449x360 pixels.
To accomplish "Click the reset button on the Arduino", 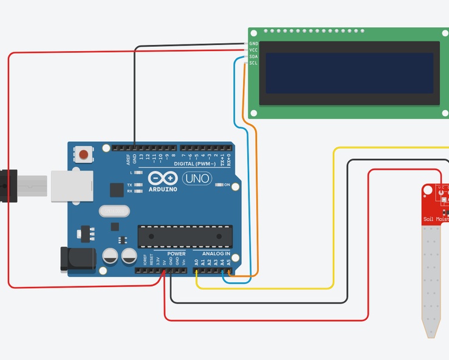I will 83,154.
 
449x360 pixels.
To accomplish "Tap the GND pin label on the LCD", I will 253,44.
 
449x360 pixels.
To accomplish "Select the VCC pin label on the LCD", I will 253,50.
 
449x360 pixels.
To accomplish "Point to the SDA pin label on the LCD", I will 253,57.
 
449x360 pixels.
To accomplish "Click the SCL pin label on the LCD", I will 253,63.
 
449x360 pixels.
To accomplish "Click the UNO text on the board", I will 197,179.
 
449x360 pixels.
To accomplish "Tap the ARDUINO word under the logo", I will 163,189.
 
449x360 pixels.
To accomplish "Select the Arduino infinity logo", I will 163,179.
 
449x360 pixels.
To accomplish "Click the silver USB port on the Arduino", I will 72,185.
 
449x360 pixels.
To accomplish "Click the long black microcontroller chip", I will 185,237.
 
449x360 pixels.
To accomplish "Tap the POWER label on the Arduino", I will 176,254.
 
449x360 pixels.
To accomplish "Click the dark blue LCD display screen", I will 349,72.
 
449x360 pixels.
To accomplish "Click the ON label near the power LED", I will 227,185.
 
